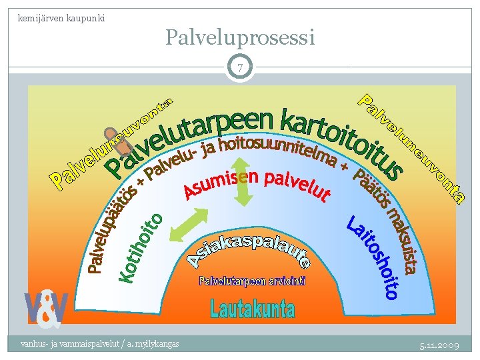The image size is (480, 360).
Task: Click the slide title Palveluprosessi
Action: point(240,37)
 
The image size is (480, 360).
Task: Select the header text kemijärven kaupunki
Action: point(61,17)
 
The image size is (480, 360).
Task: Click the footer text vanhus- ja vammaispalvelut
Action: point(99,343)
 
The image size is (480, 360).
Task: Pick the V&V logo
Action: point(47,309)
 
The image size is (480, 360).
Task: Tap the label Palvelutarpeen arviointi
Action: point(252,281)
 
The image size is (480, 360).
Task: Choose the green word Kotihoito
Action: point(141,247)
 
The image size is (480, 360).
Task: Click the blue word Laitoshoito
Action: point(376,257)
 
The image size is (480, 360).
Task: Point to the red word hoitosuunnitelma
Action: point(267,150)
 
